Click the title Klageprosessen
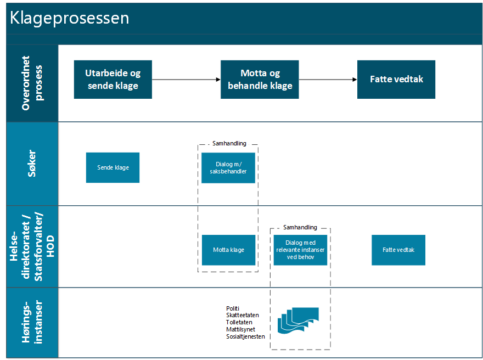70,18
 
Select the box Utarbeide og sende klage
113,80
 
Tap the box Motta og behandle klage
260,80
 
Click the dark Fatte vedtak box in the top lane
396,80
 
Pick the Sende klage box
113,167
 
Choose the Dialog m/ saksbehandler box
228,167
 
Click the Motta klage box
228,250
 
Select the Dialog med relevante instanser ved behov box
300,250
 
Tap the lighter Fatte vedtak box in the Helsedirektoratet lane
398,250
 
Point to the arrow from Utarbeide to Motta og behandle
186,80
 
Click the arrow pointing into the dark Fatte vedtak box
328,80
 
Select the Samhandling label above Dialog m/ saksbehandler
229,144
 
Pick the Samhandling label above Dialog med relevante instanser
300,227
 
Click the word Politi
233,308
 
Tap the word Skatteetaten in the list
242,315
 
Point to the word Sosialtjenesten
245,336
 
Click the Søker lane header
32,164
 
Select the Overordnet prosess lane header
32,83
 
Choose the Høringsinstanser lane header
32,323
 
